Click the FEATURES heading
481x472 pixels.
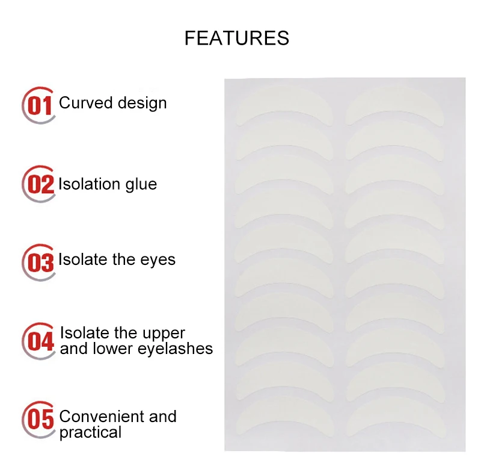(236, 39)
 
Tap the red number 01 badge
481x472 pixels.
(40, 105)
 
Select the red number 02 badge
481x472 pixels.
(40, 184)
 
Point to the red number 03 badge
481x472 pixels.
(40, 262)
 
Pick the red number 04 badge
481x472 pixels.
(40, 340)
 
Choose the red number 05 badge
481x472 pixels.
(40, 418)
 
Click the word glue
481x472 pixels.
(141, 184)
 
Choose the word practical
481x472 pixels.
(90, 432)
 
